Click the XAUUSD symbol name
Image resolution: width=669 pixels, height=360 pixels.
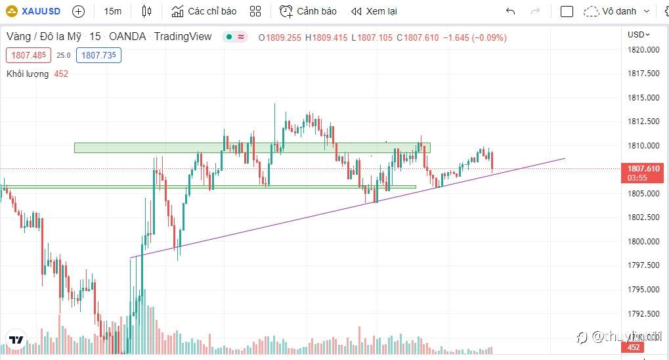click(x=40, y=11)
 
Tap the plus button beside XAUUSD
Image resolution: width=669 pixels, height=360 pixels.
click(x=78, y=11)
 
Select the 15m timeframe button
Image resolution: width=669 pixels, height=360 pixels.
click(x=112, y=11)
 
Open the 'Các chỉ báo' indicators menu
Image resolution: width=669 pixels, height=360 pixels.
click(x=204, y=11)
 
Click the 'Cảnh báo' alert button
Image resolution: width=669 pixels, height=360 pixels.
click(x=308, y=11)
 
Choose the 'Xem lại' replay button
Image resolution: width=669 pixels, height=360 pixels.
click(x=374, y=11)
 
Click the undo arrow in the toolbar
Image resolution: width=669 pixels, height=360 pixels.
click(x=511, y=11)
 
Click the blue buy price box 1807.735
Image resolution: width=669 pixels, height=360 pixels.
click(x=98, y=55)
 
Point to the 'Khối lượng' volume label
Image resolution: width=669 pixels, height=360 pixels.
click(x=28, y=74)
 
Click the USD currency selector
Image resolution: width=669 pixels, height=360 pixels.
click(x=638, y=34)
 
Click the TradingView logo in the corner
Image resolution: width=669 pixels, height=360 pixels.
click(x=16, y=340)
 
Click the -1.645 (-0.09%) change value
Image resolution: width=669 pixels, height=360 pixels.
click(x=474, y=37)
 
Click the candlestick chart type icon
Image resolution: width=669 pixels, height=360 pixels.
click(x=146, y=11)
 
